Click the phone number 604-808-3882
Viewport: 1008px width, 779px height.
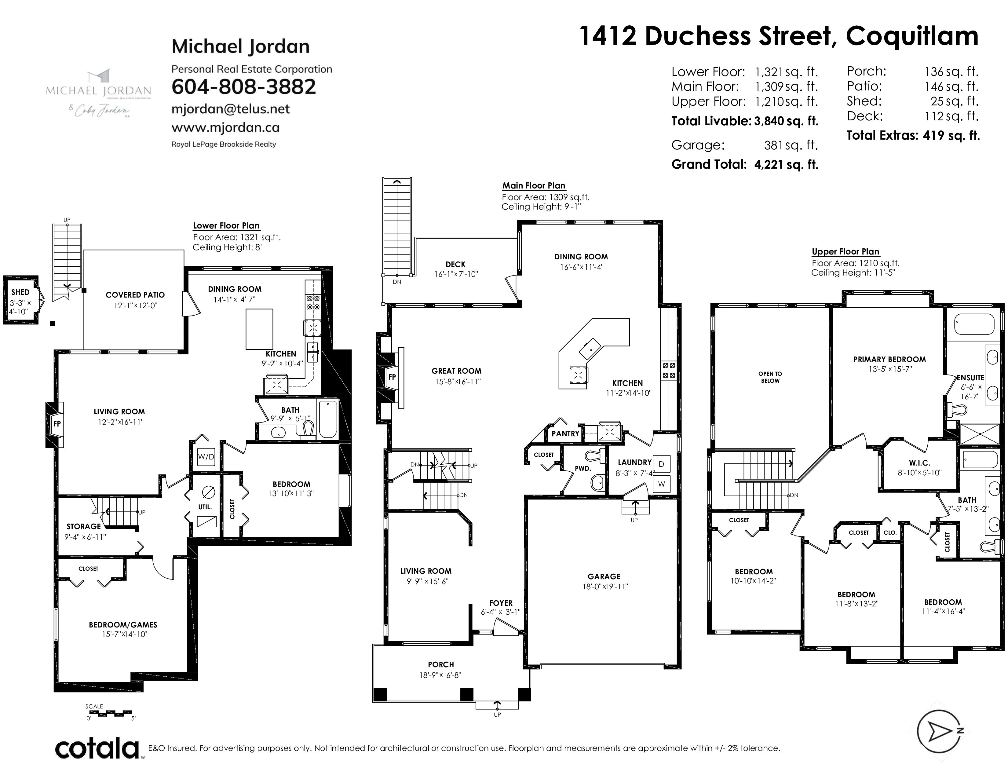(244, 87)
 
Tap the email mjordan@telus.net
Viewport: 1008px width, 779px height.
(230, 109)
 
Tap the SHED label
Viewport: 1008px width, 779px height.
(20, 292)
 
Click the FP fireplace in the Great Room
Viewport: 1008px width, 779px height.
(392, 377)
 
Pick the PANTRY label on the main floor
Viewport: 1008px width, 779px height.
(565, 434)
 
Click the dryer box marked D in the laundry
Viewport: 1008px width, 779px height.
(661, 464)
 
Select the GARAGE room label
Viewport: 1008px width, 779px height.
(604, 576)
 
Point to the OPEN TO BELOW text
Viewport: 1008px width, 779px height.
(770, 377)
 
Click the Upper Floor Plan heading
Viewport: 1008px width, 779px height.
(845, 251)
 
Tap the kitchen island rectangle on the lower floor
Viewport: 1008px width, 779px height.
(259, 329)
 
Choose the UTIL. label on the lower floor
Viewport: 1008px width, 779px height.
(205, 507)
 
